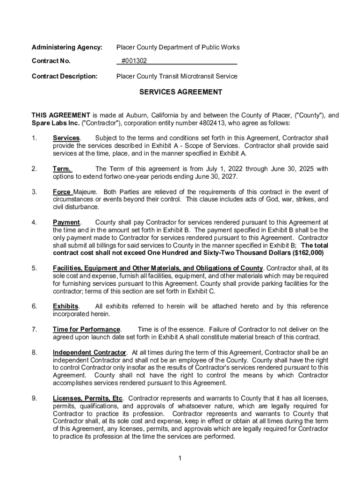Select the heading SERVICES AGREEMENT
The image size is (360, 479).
[x=180, y=92]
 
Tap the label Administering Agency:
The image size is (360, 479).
[x=67, y=47]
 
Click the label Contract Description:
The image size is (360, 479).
[x=65, y=76]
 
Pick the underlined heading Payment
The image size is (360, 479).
[x=66, y=223]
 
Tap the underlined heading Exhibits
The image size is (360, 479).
[x=65, y=306]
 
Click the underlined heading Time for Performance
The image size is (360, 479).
[x=87, y=329]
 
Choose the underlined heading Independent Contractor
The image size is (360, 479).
[x=89, y=352]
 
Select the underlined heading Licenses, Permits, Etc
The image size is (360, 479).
[x=88, y=398]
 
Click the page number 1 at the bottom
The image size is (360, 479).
[x=180, y=457]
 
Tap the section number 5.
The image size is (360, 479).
[x=34, y=268]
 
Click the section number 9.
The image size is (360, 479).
[x=34, y=398]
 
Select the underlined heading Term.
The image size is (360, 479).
[x=62, y=169]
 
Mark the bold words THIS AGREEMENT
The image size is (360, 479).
[x=61, y=115]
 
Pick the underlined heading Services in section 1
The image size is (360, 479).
[x=66, y=138]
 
